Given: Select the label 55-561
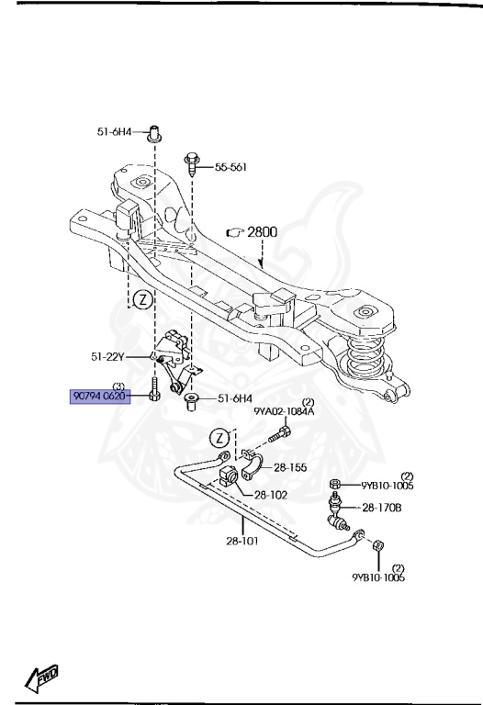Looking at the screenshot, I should tap(232, 168).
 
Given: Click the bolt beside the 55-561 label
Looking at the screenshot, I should tap(192, 165).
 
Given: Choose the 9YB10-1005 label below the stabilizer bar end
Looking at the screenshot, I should tap(377, 578).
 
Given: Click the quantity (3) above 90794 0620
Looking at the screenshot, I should tap(118, 386).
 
